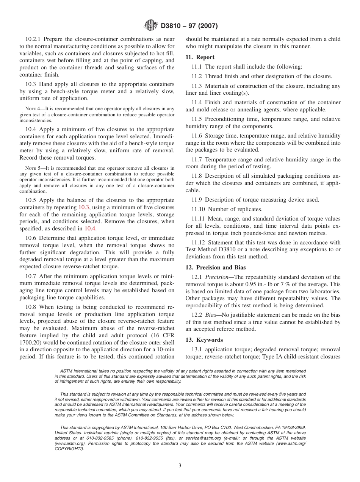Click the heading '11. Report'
click(x=200, y=57)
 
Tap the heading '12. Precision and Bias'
click(x=215, y=267)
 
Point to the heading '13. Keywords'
click(x=204, y=340)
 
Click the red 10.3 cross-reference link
click(x=83, y=207)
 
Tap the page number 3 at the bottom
click(x=180, y=466)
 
